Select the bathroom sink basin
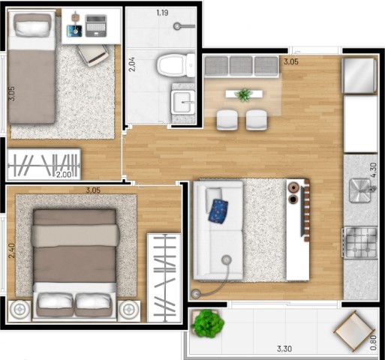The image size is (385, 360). coord(182,101)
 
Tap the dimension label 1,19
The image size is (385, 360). coord(163,13)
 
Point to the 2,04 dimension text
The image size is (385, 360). coord(132,63)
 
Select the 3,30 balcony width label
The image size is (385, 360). coord(284,348)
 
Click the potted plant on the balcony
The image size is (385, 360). coord(208,324)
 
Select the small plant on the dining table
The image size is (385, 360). coord(243,94)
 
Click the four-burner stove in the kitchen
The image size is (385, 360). coord(359,241)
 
